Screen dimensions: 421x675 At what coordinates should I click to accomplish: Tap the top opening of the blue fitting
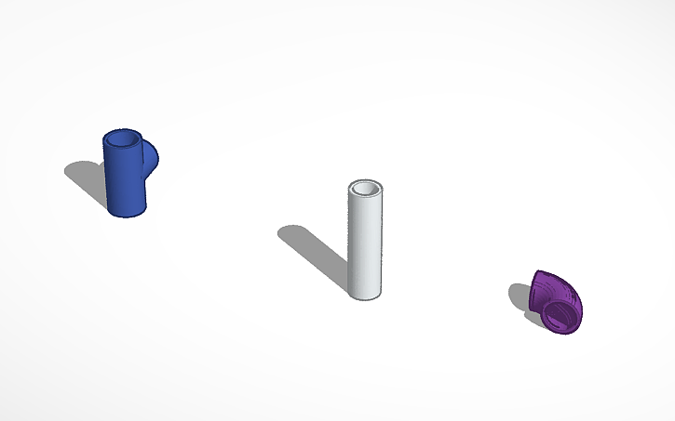point(121,140)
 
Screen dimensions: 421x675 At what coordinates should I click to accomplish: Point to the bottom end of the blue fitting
point(126,210)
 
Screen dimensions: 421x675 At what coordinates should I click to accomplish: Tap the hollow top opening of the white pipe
point(365,189)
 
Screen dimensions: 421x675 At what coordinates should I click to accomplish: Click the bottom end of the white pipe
point(365,294)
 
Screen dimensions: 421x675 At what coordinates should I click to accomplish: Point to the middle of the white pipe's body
point(365,242)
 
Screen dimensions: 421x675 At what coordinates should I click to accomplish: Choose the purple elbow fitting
point(556,302)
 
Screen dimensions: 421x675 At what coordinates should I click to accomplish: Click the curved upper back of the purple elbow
point(544,282)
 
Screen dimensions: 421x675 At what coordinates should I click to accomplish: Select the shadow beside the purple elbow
point(519,297)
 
